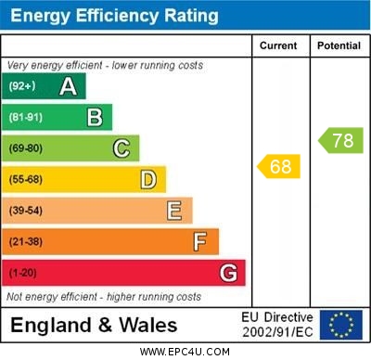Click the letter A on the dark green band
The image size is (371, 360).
tap(68, 87)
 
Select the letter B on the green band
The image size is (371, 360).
tap(95, 118)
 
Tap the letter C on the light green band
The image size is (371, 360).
tap(122, 148)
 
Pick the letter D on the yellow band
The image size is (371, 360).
tap(148, 179)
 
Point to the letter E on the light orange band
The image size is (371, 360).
tap(174, 211)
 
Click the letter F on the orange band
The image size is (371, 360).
tap(200, 242)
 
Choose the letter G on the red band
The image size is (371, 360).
tap(228, 274)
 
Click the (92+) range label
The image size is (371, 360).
tap(22, 87)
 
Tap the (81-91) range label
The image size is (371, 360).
tap(26, 118)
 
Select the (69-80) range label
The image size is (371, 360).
tap(26, 148)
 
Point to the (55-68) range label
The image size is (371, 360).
tap(26, 179)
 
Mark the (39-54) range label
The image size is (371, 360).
tap(26, 211)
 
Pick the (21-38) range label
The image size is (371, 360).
tap(26, 242)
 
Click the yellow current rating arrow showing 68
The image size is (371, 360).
tap(279, 167)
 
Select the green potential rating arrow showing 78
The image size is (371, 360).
tap(340, 141)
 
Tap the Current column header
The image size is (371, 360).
tap(279, 45)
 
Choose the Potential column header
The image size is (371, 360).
tap(339, 45)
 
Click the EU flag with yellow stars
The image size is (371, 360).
tap(341, 325)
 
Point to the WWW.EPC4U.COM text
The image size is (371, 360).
tap(185, 352)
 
